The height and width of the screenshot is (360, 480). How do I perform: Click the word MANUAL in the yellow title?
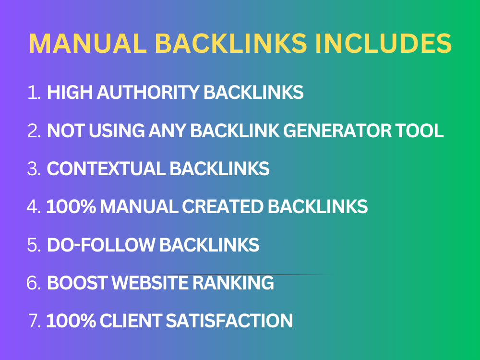[88, 43]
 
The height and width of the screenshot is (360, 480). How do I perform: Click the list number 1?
[34, 93]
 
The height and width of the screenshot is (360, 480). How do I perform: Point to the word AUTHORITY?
[148, 93]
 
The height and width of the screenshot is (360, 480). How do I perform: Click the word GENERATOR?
[337, 131]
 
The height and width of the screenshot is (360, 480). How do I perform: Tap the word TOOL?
[420, 131]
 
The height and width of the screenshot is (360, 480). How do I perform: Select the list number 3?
[34, 168]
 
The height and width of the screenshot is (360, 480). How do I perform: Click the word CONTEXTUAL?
[106, 168]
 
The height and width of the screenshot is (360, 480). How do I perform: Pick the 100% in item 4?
[71, 206]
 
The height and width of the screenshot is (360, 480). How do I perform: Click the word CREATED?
[223, 206]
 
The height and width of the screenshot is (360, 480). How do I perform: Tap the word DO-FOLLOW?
[101, 245]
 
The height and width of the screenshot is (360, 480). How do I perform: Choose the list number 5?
[34, 245]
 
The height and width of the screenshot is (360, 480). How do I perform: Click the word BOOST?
[77, 283]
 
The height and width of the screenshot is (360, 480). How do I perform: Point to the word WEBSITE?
[150, 283]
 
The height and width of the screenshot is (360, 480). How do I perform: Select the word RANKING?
[233, 283]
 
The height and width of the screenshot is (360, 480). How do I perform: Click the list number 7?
[34, 321]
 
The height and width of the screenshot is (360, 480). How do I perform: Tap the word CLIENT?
[131, 321]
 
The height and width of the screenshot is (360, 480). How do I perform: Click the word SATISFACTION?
[229, 321]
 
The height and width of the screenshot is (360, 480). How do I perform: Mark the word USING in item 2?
[117, 131]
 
